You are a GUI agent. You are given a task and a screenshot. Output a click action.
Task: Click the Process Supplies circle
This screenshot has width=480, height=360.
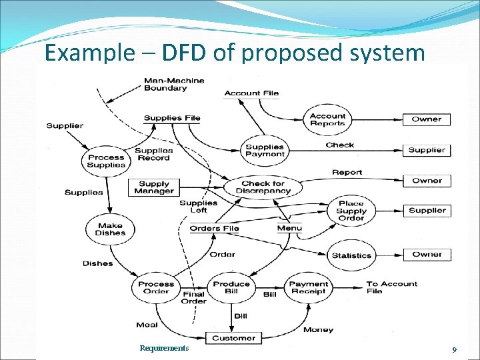click(x=106, y=161)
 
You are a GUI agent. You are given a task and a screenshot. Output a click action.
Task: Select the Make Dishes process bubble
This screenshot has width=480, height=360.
click(x=109, y=229)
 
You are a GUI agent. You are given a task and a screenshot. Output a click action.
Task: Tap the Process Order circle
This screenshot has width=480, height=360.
click(x=156, y=287)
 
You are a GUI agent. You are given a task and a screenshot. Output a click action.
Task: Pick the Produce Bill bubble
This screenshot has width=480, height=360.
click(x=231, y=287)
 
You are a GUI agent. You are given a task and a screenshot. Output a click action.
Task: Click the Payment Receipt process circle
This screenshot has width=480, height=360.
click(x=308, y=287)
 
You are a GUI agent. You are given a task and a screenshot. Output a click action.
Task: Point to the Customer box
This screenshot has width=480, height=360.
click(x=233, y=338)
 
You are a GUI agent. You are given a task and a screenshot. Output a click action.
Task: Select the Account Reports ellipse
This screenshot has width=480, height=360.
click(x=327, y=120)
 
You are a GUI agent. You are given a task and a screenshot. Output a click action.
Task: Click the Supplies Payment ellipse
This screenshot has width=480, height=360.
click(x=265, y=151)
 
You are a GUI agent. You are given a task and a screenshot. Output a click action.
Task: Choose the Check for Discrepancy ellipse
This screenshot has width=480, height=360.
click(x=263, y=187)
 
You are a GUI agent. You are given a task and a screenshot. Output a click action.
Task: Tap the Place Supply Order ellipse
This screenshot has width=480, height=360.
click(x=351, y=211)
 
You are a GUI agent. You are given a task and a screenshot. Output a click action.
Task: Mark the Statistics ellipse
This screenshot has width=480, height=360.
click(x=351, y=255)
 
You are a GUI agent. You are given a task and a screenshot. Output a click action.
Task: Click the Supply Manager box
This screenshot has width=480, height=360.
click(x=154, y=187)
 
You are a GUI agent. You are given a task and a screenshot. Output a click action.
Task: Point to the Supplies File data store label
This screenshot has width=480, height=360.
click(x=172, y=118)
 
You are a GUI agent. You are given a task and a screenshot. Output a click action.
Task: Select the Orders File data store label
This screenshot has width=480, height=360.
click(x=214, y=229)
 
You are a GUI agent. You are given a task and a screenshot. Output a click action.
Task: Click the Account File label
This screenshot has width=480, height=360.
click(x=251, y=93)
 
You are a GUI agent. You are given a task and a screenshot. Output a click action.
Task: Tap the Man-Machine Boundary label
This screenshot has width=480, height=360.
click(x=175, y=84)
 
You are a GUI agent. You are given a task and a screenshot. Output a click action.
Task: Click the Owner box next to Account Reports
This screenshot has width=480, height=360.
click(x=427, y=119)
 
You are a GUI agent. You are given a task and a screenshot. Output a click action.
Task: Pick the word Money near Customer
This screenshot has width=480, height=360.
click(x=318, y=330)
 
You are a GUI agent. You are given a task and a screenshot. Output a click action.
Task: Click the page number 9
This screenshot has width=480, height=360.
click(x=453, y=349)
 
